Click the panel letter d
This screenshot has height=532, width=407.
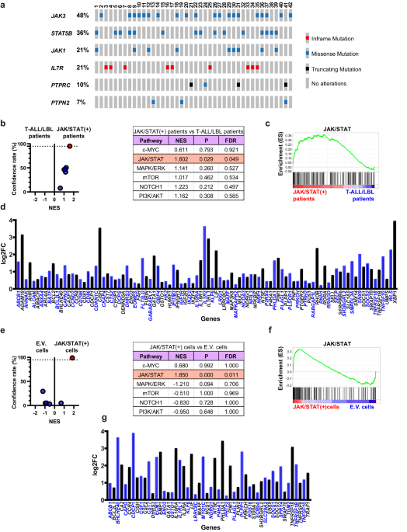coord(5,207)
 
